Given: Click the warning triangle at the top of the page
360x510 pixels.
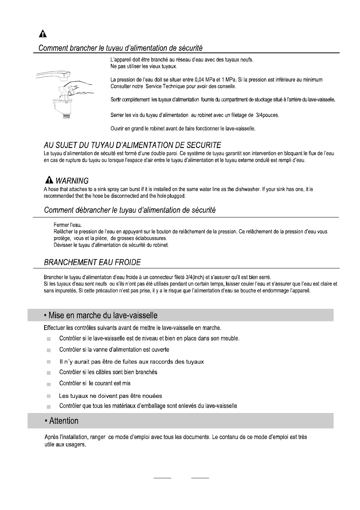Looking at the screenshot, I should [43, 34].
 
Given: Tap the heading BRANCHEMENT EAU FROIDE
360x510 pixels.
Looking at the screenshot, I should [92, 262].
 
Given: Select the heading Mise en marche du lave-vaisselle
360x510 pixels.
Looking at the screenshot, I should [103, 315].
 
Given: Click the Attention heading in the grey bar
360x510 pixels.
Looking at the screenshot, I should [64, 421].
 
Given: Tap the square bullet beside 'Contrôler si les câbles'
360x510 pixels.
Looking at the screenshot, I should [49, 373].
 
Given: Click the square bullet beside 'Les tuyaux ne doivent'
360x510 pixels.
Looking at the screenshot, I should [49, 396].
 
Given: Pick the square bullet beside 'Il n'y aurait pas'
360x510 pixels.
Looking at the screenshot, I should [49, 362].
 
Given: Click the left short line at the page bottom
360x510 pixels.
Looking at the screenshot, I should [162, 478].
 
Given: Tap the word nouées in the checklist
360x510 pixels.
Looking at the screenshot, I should [150, 396].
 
